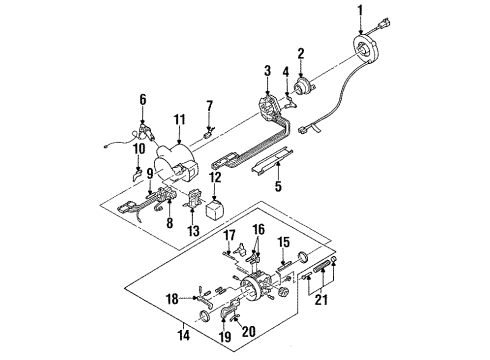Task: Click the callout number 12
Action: tap(215, 179)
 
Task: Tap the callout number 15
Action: tap(283, 243)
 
